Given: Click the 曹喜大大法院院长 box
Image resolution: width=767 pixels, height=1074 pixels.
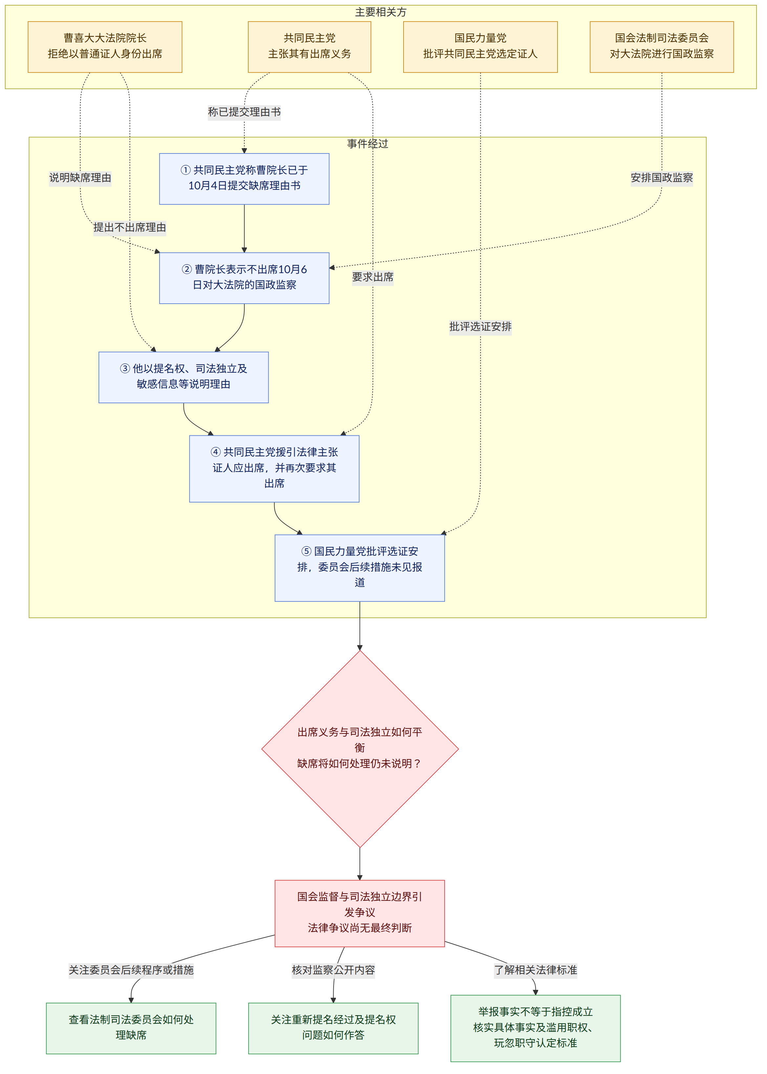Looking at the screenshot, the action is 105,47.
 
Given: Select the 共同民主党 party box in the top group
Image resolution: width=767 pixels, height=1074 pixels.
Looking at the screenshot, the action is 309,47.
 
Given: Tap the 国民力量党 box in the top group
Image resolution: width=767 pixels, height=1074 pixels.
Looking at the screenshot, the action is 480,47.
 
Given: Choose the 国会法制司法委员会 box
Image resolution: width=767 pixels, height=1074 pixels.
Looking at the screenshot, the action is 662,47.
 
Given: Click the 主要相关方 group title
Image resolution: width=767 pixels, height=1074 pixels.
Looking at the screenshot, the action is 381,12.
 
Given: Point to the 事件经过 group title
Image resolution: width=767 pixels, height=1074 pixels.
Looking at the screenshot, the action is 367,144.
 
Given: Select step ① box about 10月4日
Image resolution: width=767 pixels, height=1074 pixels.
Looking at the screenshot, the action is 244,179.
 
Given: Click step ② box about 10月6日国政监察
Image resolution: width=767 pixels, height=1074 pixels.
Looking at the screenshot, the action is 244,278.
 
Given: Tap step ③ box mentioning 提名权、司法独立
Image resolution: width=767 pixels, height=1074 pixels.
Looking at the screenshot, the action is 184,377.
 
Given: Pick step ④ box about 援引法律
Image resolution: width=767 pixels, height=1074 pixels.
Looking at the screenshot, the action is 274,468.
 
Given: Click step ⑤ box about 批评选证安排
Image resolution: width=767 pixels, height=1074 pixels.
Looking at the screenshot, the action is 360,568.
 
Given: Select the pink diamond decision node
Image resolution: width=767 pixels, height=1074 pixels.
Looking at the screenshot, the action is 360,749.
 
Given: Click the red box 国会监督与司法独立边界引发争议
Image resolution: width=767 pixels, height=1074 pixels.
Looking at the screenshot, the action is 360,913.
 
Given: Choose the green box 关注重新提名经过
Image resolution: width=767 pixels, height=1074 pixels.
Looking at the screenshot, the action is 334,1028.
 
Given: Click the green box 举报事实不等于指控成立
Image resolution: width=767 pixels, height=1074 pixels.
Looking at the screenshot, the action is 536,1028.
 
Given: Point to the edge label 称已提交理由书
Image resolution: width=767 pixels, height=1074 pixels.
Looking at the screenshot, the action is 244,112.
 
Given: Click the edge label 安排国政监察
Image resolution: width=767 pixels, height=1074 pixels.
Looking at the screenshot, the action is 662,178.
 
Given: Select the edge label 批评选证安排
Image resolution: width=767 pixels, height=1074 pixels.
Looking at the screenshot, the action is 480,327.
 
